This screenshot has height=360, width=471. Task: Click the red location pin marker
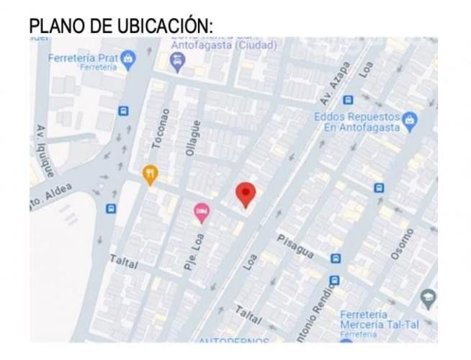point(246,194)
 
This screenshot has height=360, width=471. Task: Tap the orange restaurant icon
point(149,174)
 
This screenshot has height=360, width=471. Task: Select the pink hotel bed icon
point(202,211)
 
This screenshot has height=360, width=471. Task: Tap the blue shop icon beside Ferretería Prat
point(128,59)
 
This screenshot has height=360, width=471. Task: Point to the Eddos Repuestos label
point(357,121)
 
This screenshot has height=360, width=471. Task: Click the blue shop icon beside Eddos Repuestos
point(411,118)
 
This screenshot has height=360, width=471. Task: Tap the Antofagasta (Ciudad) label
point(223,45)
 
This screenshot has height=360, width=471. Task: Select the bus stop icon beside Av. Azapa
point(348,100)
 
